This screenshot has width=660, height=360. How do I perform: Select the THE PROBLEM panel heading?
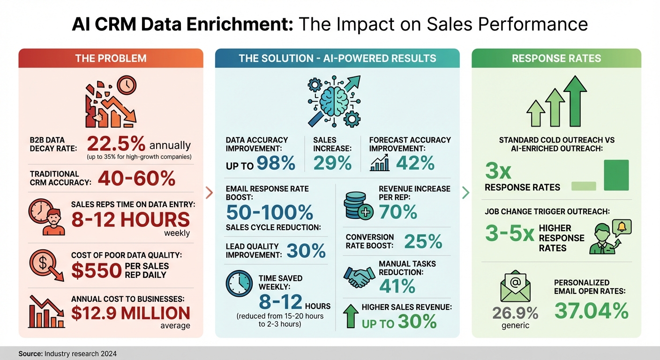tap(111, 59)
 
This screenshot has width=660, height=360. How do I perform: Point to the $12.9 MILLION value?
tap(131, 313)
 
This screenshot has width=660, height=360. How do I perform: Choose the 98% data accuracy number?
tap(276, 163)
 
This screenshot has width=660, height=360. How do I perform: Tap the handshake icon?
tap(357, 277)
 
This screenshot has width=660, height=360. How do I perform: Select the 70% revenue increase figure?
tap(398, 212)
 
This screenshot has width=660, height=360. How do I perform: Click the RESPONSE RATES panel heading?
tap(556, 59)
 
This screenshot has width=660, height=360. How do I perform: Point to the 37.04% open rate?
tap(591, 310)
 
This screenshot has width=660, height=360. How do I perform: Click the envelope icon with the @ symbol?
tap(515, 286)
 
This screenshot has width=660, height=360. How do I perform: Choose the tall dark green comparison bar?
tap(616, 175)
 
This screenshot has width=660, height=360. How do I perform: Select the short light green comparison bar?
tap(584, 186)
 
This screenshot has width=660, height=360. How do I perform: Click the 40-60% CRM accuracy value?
tap(136, 178)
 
